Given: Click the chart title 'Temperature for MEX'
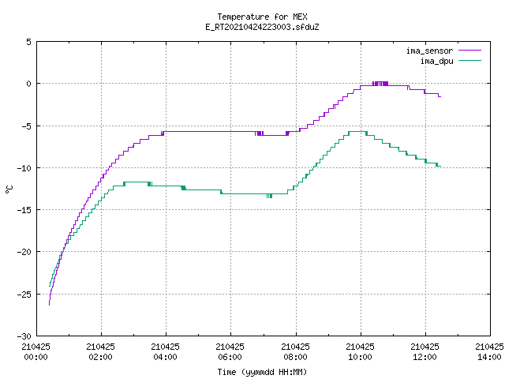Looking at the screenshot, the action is [x=262, y=17].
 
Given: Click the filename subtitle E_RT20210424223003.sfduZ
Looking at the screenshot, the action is [x=262, y=27].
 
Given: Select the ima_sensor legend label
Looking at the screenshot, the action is [x=429, y=51].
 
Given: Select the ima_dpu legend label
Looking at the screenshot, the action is [x=436, y=61].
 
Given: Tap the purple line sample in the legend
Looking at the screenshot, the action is [x=469, y=51].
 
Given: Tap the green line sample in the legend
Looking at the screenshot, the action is [x=469, y=61].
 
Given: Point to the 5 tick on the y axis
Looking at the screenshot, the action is [x=29, y=42].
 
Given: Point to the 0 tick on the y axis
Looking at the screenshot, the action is [x=29, y=84].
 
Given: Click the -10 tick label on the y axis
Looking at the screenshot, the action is [x=24, y=168].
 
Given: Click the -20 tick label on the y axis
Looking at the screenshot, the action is [x=24, y=252].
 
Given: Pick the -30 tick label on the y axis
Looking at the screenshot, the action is [x=24, y=336].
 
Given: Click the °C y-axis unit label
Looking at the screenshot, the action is [x=9, y=189].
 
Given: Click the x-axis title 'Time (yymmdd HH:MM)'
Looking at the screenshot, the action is [x=262, y=372].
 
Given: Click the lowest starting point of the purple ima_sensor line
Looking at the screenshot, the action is [x=49, y=305].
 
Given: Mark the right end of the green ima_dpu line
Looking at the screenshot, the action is [x=440, y=166].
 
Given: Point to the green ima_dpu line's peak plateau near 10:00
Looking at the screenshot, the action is [x=357, y=132].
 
